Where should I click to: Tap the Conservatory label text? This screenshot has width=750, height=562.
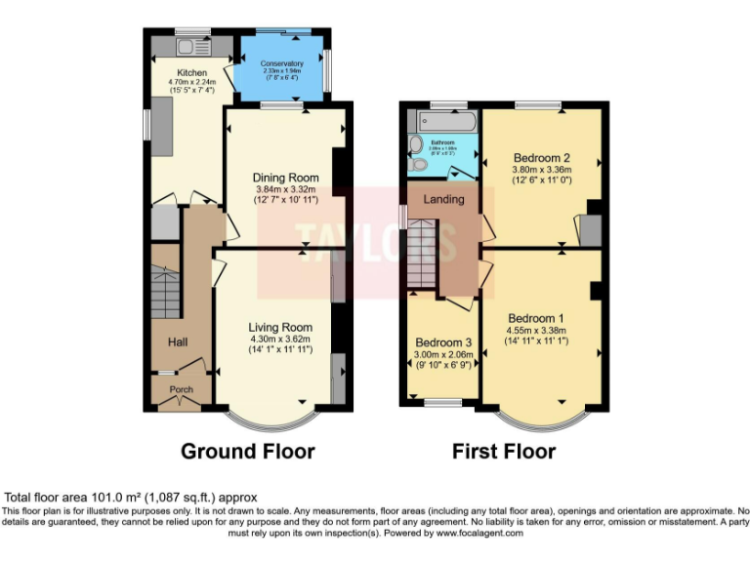point(282,64)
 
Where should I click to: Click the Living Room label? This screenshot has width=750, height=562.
point(280,327)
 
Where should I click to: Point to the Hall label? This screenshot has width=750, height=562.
point(178,341)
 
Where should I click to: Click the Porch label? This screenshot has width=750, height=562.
point(182,389)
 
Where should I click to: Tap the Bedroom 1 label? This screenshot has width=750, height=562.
point(535,318)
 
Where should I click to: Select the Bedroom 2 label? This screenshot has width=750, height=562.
point(542,158)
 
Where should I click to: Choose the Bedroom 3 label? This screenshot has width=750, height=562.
point(443,342)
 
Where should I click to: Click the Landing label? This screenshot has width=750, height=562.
point(444,200)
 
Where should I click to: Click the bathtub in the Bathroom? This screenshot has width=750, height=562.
point(443,122)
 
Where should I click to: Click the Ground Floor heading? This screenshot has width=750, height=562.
point(247,452)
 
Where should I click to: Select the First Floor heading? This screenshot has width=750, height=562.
point(503,452)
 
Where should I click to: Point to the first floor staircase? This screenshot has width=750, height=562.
point(423,254)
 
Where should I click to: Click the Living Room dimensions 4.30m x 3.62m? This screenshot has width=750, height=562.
point(280,339)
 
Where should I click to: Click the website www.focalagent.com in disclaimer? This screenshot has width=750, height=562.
point(479,533)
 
